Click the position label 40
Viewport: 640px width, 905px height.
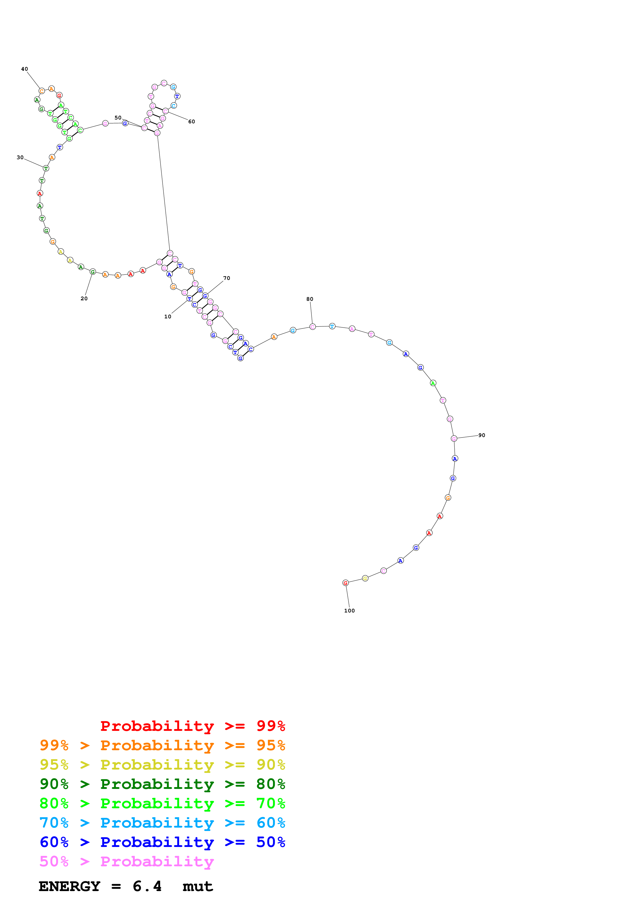pyautogui.click(x=25, y=69)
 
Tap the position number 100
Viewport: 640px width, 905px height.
pyautogui.click(x=349, y=611)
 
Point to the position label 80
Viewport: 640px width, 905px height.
pyautogui.click(x=310, y=299)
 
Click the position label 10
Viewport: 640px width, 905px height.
pyautogui.click(x=168, y=317)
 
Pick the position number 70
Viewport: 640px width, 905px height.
pyautogui.click(x=226, y=278)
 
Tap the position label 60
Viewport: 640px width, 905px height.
pyautogui.click(x=191, y=122)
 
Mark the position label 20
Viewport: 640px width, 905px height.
pyautogui.click(x=84, y=298)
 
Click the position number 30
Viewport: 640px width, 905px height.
pyautogui.click(x=20, y=158)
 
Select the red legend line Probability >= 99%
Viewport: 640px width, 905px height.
pyautogui.click(x=192, y=726)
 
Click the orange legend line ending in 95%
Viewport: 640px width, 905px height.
pyautogui.click(x=162, y=745)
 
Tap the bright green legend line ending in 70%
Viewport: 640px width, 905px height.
pyautogui.click(x=162, y=803)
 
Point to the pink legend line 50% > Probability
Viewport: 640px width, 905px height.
pyautogui.click(x=127, y=861)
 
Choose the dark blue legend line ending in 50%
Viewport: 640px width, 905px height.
pyautogui.click(x=162, y=842)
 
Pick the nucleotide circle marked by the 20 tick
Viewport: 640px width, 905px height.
pyautogui.click(x=93, y=272)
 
